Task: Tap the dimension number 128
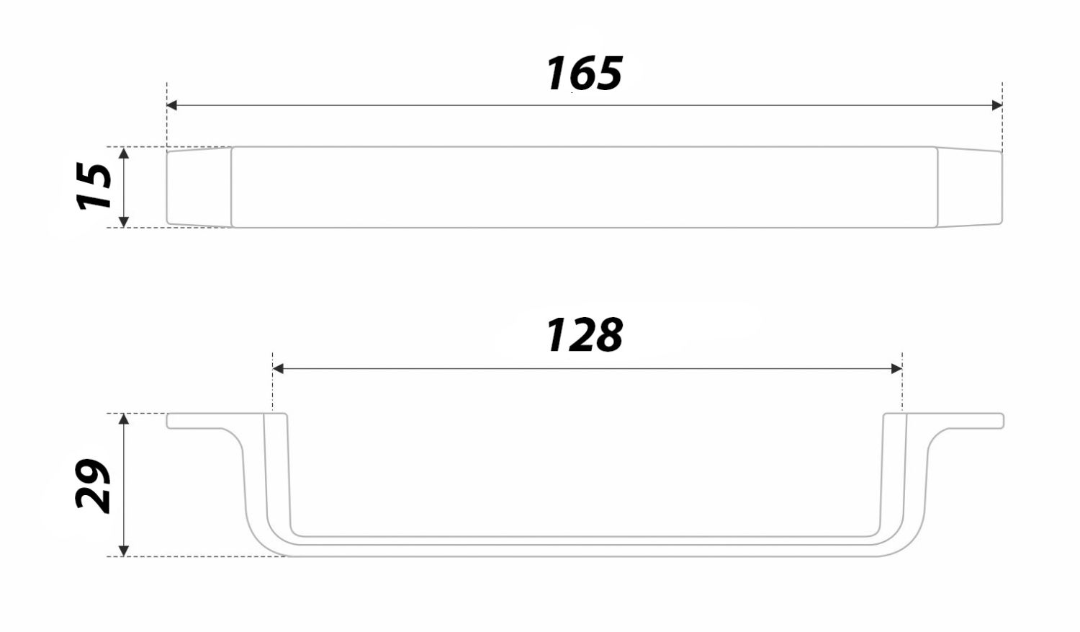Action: (x=585, y=335)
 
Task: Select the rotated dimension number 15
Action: (x=94, y=186)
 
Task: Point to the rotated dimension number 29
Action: (x=93, y=485)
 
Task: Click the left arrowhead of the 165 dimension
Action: (x=171, y=105)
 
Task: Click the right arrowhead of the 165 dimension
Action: (x=997, y=105)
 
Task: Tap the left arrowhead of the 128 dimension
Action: (x=278, y=368)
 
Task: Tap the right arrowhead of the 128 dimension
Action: (x=897, y=368)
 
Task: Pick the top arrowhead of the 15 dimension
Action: (x=123, y=153)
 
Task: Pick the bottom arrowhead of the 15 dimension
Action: (x=123, y=221)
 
